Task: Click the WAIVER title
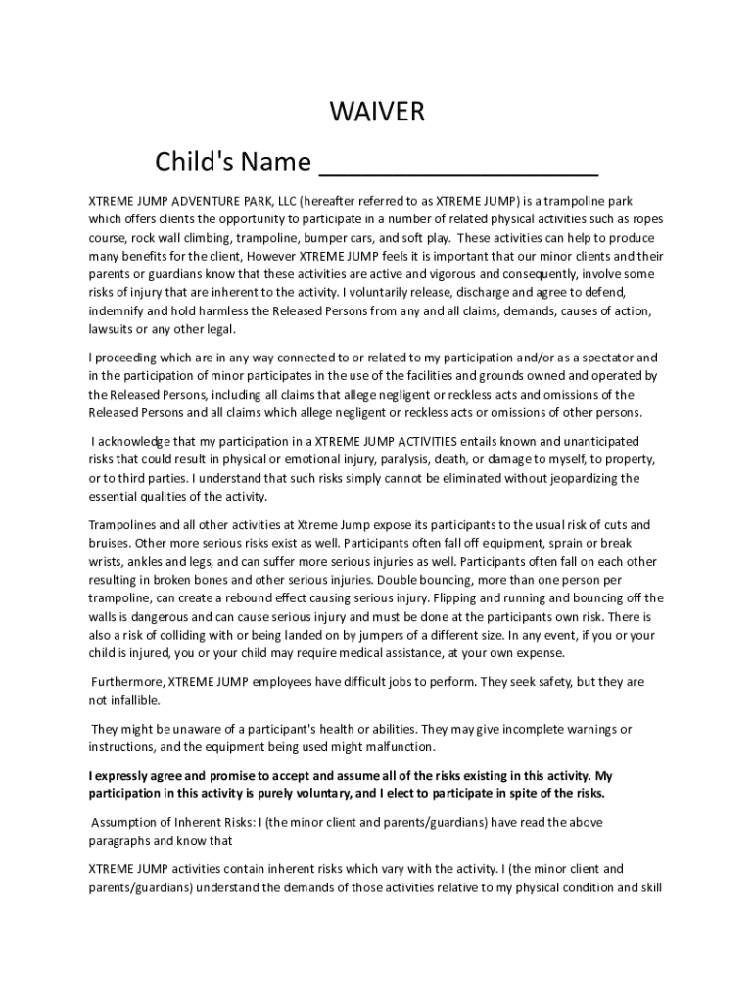(377, 113)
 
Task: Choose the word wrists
(107, 562)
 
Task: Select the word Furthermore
(127, 682)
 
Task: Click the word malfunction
(465, 747)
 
